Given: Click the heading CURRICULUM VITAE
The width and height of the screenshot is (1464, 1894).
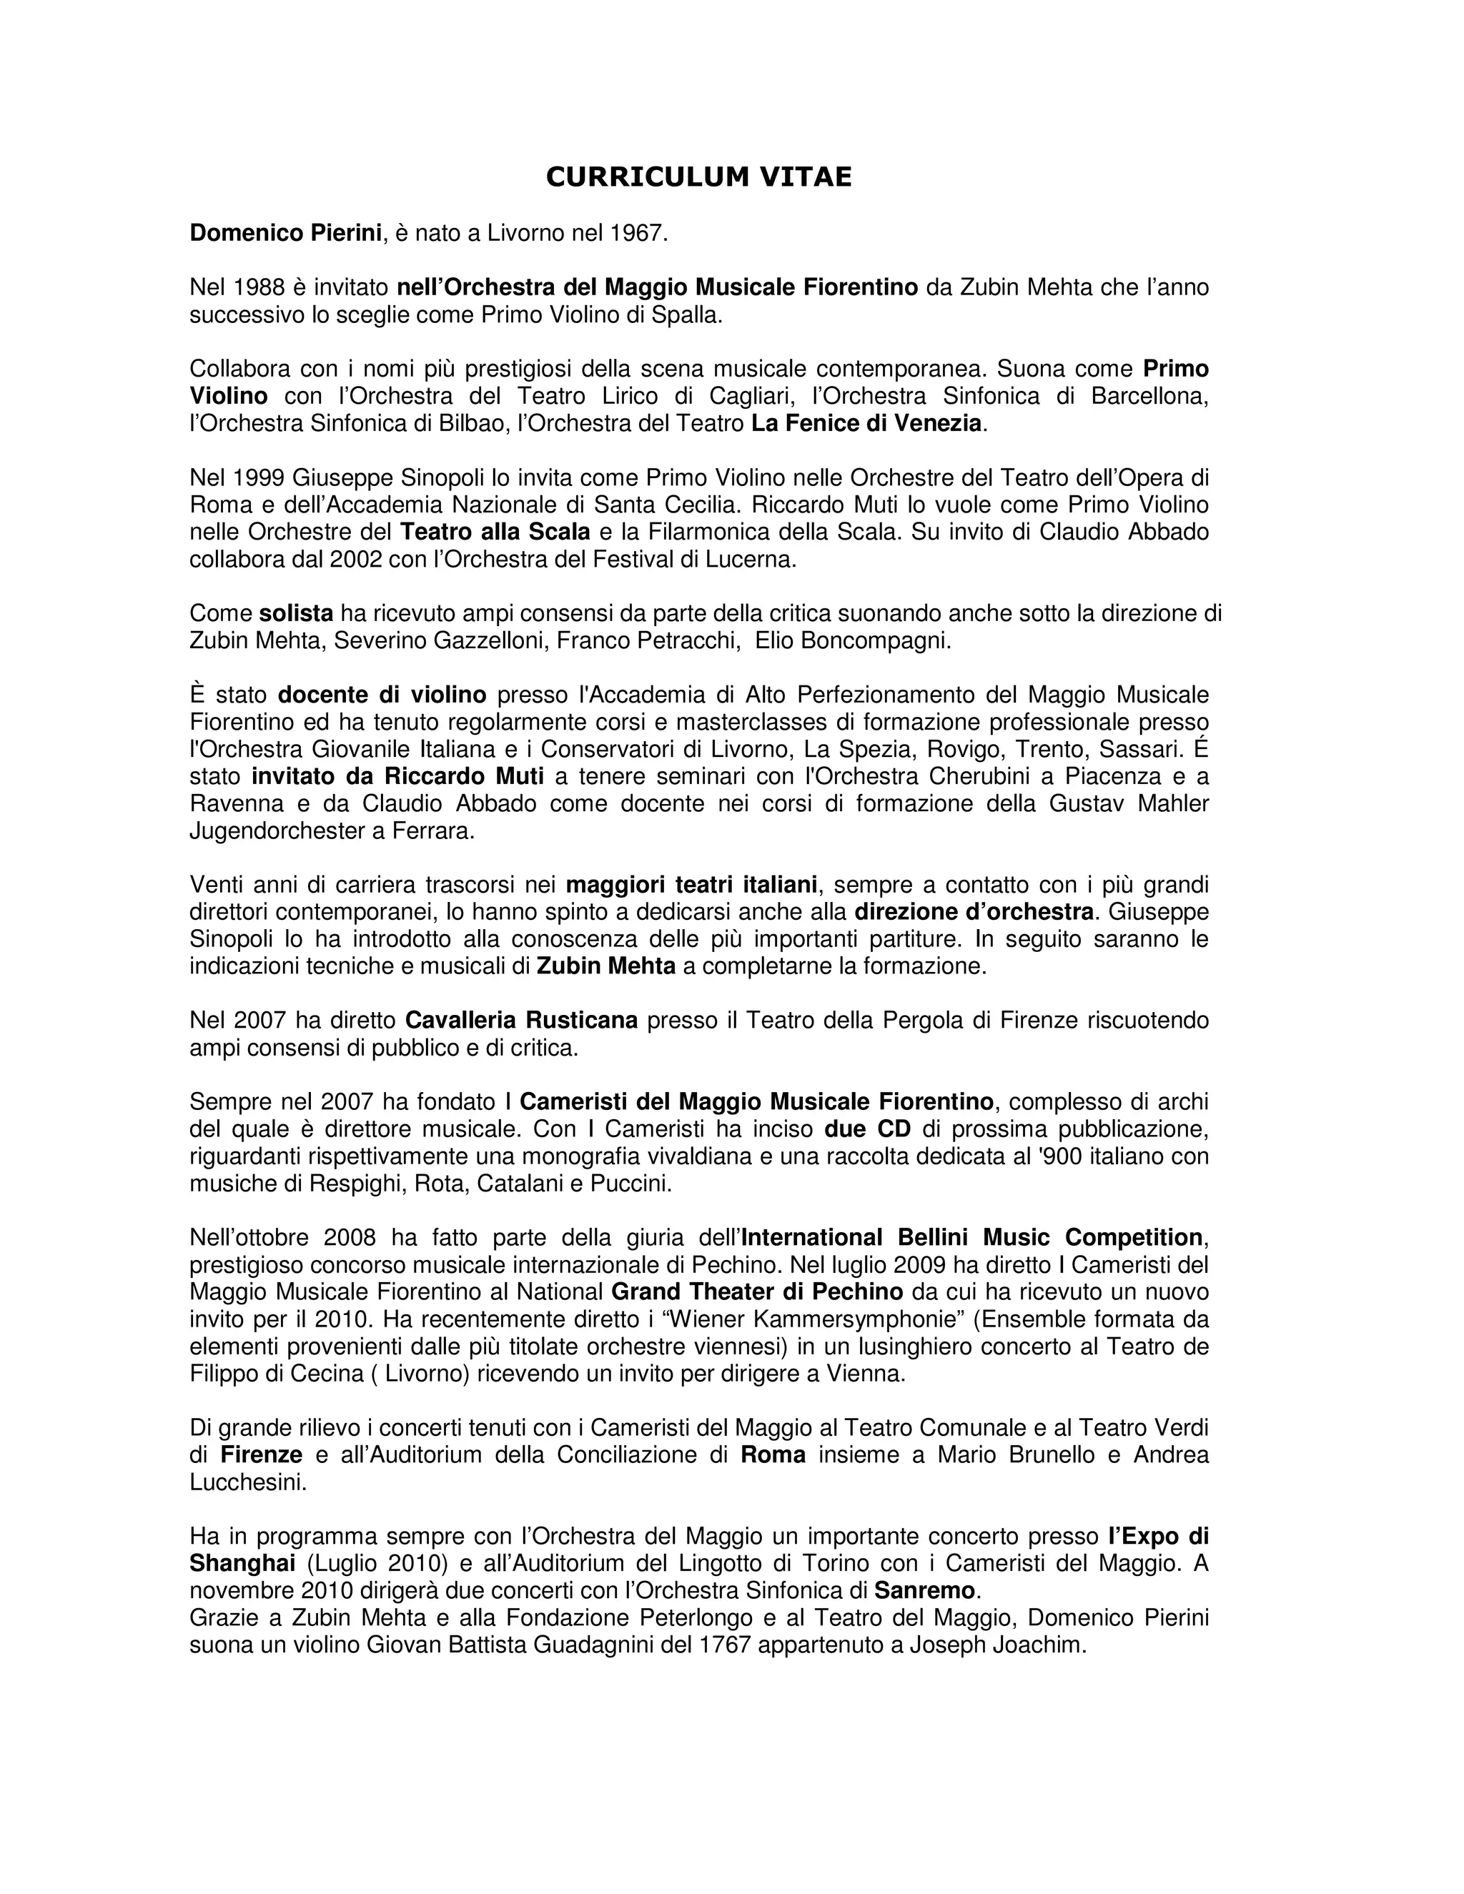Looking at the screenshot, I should pyautogui.click(x=698, y=177).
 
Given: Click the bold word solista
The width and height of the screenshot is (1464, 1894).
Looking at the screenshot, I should pyautogui.click(x=296, y=614).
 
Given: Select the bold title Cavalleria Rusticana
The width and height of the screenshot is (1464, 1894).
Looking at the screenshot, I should pyautogui.click(x=521, y=1021).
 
